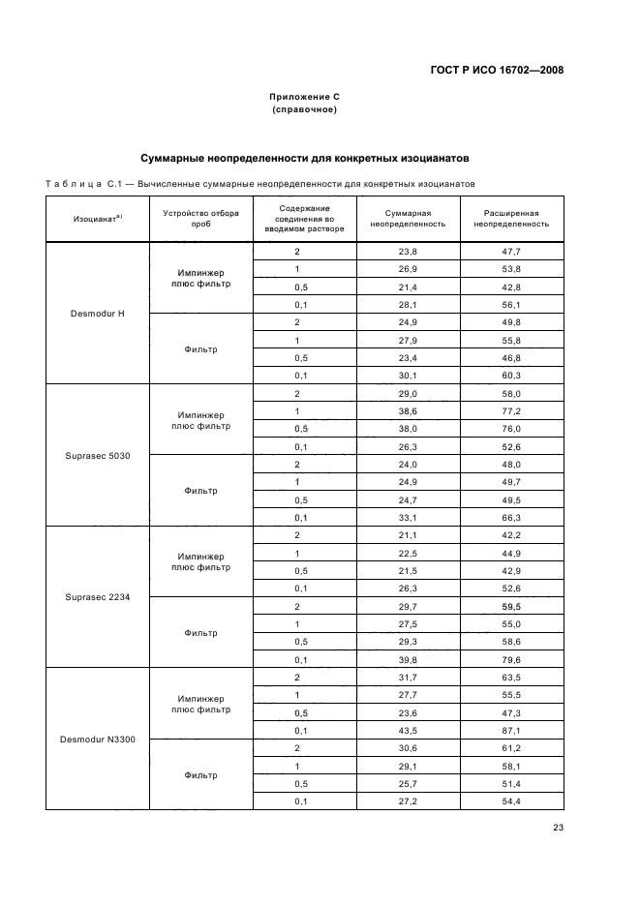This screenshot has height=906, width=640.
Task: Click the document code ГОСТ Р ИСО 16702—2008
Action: (497, 70)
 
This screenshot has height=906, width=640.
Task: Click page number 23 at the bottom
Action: (558, 827)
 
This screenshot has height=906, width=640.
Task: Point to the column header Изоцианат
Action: (97, 219)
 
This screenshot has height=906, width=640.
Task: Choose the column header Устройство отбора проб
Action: (200, 218)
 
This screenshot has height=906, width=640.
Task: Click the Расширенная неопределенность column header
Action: (511, 218)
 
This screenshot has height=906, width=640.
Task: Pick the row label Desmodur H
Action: (97, 315)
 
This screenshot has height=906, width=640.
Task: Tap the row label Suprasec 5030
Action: (97, 456)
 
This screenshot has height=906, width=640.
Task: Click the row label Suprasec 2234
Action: (97, 597)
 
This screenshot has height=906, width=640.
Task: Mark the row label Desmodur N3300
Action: (97, 740)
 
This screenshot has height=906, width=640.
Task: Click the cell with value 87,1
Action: (511, 730)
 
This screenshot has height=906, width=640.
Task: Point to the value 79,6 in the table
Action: (511, 659)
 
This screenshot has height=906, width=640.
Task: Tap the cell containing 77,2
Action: (511, 411)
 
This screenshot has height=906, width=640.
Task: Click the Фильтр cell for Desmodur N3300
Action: (200, 774)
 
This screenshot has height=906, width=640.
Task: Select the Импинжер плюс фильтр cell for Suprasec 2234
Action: (200, 562)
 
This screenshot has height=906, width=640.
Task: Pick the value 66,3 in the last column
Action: (511, 517)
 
